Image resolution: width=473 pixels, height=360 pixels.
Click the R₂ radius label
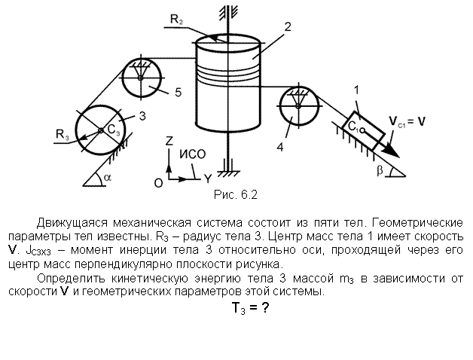pyautogui.click(x=177, y=20)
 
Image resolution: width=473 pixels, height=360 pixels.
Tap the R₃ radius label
pyautogui.click(x=63, y=133)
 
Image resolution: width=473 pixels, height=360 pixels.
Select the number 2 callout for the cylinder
pyautogui.click(x=288, y=27)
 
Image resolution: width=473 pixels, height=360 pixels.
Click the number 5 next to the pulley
pyautogui.click(x=179, y=93)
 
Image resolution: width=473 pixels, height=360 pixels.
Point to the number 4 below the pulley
pyautogui.click(x=280, y=148)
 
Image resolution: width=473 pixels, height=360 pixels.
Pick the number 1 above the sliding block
pyautogui.click(x=356, y=90)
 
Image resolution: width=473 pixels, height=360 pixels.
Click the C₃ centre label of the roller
pyautogui.click(x=114, y=130)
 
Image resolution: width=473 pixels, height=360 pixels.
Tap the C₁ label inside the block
pyautogui.click(x=353, y=126)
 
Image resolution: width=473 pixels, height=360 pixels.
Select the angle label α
pyautogui.click(x=107, y=178)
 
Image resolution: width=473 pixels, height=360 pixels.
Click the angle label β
pyautogui.click(x=380, y=170)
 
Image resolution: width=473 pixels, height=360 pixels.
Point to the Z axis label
pyautogui.click(x=169, y=141)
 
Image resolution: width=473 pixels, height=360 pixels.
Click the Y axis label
pyautogui.click(x=208, y=179)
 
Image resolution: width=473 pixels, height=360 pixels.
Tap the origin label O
pyautogui.click(x=158, y=183)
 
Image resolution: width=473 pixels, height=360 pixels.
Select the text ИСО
pyautogui.click(x=193, y=154)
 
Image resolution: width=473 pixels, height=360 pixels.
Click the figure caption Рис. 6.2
pyautogui.click(x=236, y=194)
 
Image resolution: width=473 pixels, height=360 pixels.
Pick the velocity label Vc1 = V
pyautogui.click(x=407, y=121)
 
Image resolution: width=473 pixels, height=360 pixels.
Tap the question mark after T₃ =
pyautogui.click(x=265, y=308)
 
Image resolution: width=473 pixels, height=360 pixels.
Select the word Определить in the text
pyautogui.click(x=71, y=279)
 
